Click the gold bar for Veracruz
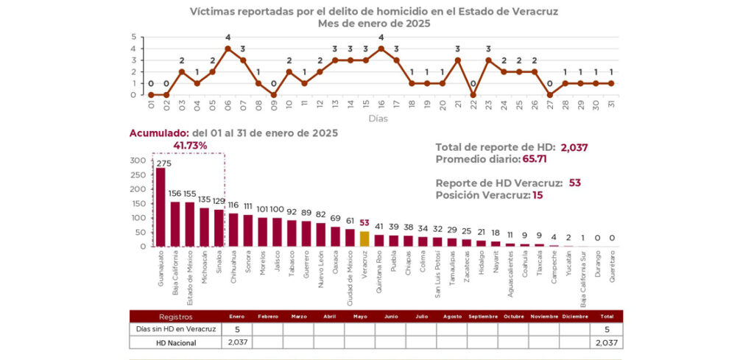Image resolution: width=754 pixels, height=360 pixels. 364,239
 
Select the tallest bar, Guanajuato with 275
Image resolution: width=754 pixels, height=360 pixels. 161,208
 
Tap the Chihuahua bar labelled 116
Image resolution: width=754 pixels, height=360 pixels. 233,230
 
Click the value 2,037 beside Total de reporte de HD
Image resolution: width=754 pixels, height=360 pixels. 574,147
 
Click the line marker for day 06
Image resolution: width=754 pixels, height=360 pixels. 228,49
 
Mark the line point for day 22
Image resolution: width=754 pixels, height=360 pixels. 473,94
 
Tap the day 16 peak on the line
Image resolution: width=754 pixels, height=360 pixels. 381,49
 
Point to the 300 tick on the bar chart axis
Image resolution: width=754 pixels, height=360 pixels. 138,160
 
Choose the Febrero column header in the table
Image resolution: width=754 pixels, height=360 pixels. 268,317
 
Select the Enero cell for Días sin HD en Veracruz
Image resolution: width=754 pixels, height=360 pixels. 237,329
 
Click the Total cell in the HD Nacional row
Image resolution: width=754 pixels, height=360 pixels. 605,342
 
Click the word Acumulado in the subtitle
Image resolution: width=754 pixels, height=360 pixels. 158,133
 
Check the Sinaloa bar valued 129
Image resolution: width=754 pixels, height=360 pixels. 219,228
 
